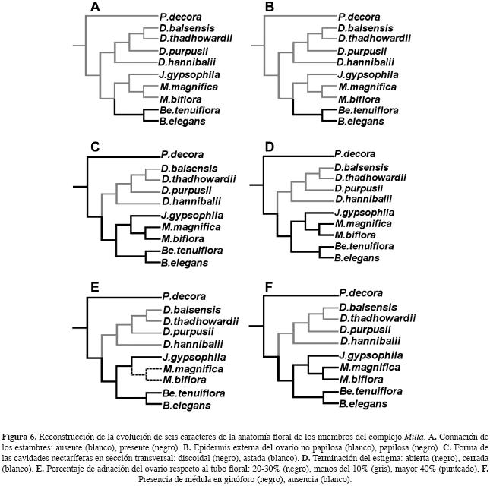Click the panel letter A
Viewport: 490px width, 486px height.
[x=95, y=8]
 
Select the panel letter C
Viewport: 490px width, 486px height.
[x=95, y=147]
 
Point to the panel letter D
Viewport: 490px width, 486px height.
[x=270, y=147]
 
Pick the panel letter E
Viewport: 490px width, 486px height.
[x=95, y=287]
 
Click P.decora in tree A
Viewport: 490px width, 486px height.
[x=179, y=16]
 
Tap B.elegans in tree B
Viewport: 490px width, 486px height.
[x=359, y=121]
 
